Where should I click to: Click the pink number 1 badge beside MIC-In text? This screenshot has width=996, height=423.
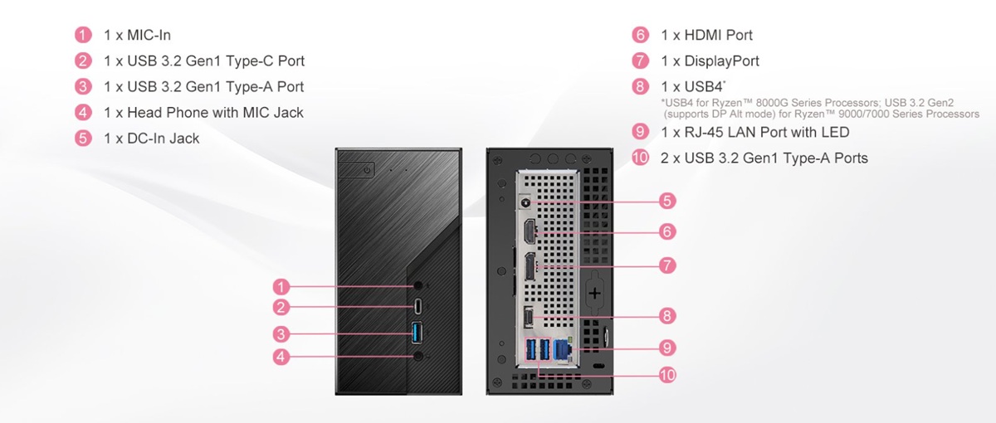pyautogui.click(x=83, y=35)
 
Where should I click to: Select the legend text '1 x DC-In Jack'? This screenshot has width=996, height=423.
pyautogui.click(x=152, y=138)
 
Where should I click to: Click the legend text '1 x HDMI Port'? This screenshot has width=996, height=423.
pyautogui.click(x=707, y=35)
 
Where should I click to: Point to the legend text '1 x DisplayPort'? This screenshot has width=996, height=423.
pyautogui.click(x=710, y=61)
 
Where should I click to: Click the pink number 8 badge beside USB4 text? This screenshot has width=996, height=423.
pyautogui.click(x=639, y=86)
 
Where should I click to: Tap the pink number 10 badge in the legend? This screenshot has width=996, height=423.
pyautogui.click(x=639, y=158)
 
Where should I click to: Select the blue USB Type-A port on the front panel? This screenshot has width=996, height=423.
pyautogui.click(x=417, y=333)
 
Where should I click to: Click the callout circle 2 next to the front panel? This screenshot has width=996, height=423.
pyautogui.click(x=281, y=308)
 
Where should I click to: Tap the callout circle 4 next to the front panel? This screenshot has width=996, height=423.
pyautogui.click(x=281, y=357)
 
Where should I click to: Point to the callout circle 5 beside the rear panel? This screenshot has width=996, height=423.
pyautogui.click(x=667, y=201)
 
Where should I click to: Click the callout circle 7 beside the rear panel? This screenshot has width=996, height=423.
pyautogui.click(x=667, y=265)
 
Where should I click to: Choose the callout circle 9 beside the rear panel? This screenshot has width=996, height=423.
pyautogui.click(x=667, y=347)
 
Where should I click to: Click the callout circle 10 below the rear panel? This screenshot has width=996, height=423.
pyautogui.click(x=667, y=375)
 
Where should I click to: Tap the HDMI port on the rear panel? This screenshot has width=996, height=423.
pyautogui.click(x=530, y=232)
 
